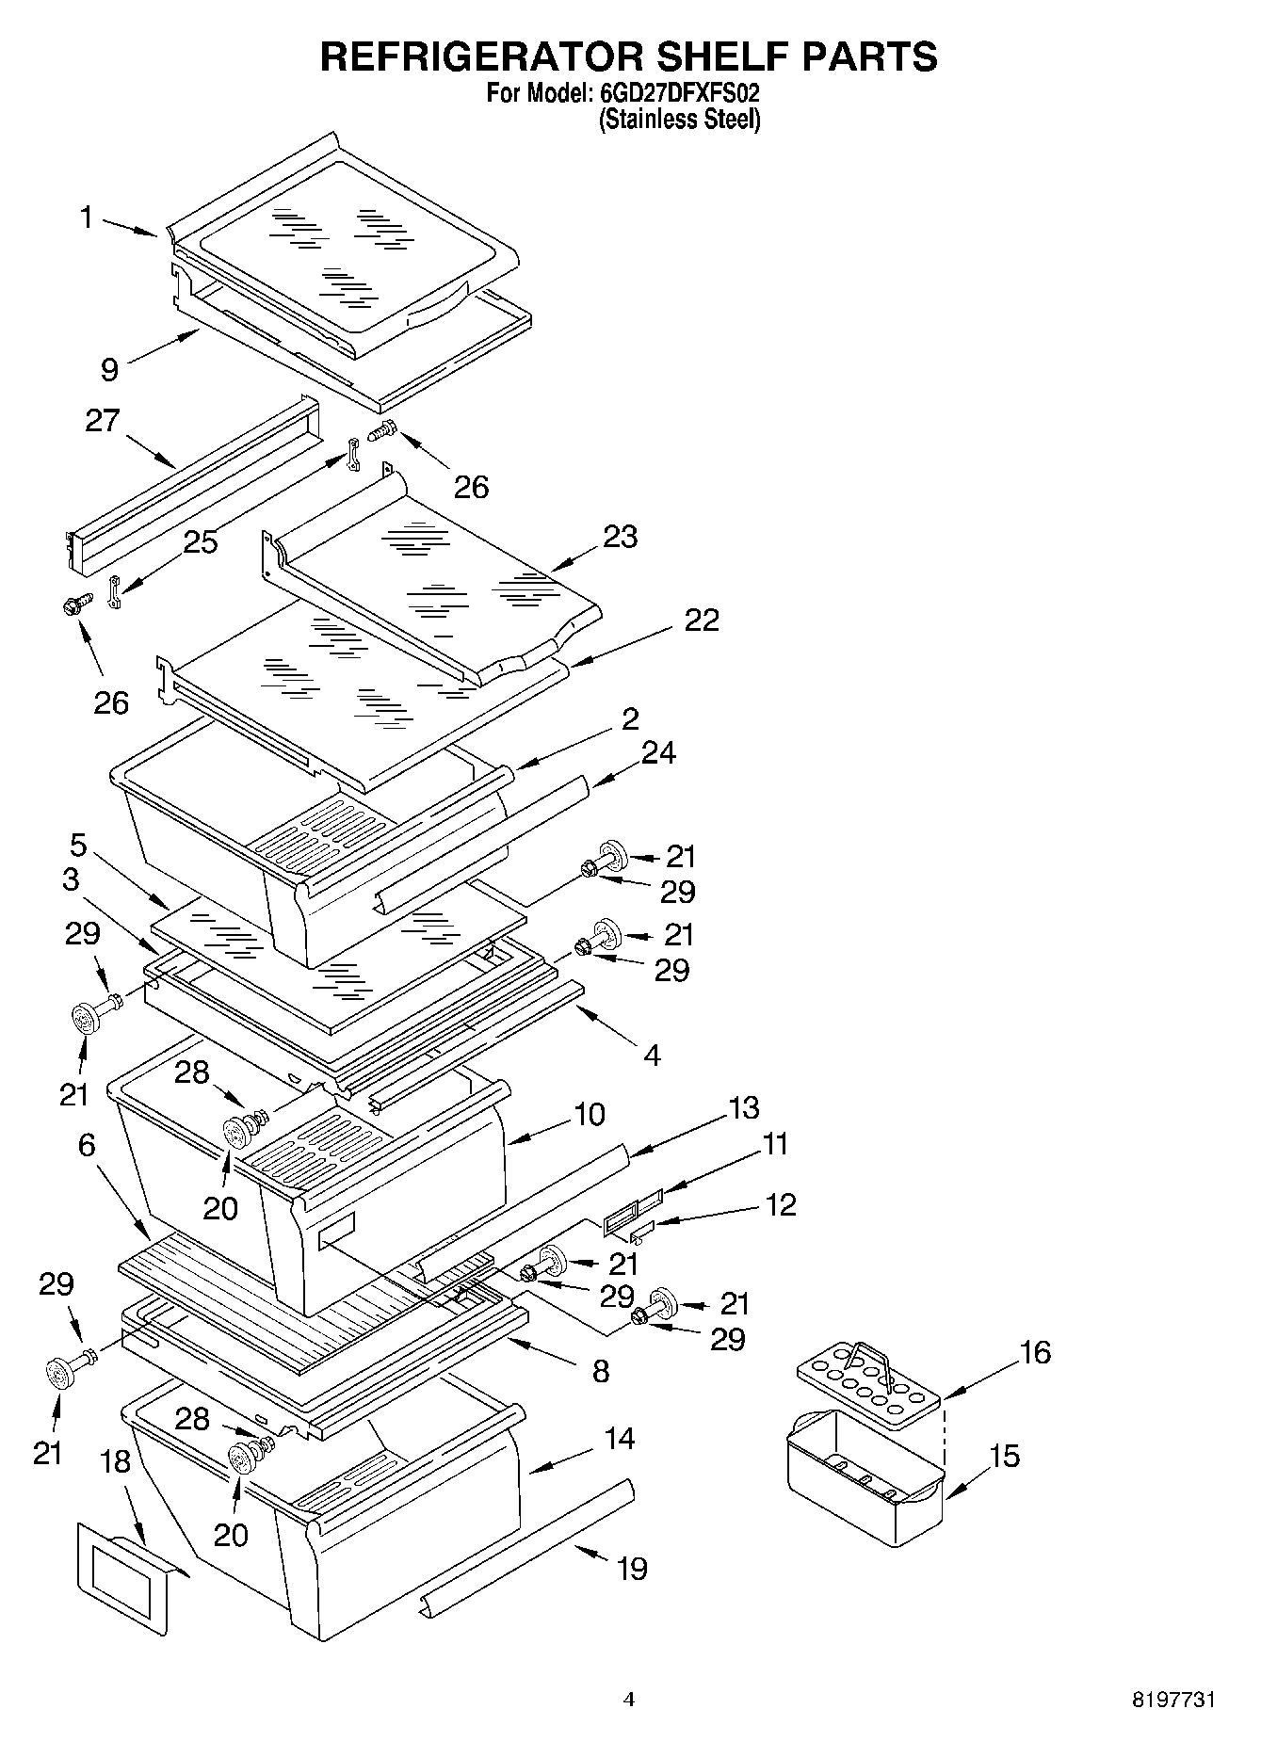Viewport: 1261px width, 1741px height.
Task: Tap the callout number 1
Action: point(87,218)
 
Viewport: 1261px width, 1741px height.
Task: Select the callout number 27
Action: point(103,420)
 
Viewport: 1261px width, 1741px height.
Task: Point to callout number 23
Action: point(621,537)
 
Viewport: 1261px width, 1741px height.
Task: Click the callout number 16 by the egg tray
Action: point(1034,1352)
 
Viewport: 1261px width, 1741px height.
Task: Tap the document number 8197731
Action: point(1172,1701)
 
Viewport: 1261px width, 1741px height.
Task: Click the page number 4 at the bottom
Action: point(629,1701)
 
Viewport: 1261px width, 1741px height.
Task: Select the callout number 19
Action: point(632,1569)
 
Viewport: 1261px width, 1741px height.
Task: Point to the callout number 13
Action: point(743,1108)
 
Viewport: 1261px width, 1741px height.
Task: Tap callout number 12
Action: point(781,1204)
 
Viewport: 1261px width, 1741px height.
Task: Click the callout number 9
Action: point(110,369)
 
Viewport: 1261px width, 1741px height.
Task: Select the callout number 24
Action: point(658,753)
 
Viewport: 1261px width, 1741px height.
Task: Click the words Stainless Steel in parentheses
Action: point(679,120)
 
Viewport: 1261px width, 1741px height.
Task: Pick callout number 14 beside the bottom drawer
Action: point(620,1439)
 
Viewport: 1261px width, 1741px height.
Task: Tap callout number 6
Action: point(87,1145)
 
